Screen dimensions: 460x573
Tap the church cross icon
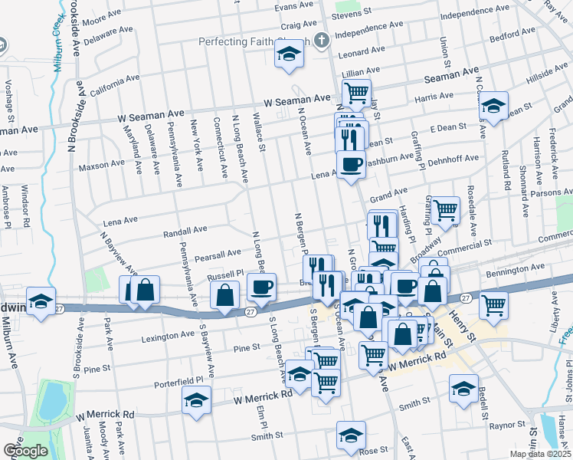(322, 40)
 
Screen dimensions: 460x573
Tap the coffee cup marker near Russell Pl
(262, 288)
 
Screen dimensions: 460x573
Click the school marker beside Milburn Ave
(41, 300)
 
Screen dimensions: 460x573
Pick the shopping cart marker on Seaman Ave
(356, 93)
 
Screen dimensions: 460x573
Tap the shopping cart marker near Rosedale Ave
(445, 209)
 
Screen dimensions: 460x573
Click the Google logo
(25, 450)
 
